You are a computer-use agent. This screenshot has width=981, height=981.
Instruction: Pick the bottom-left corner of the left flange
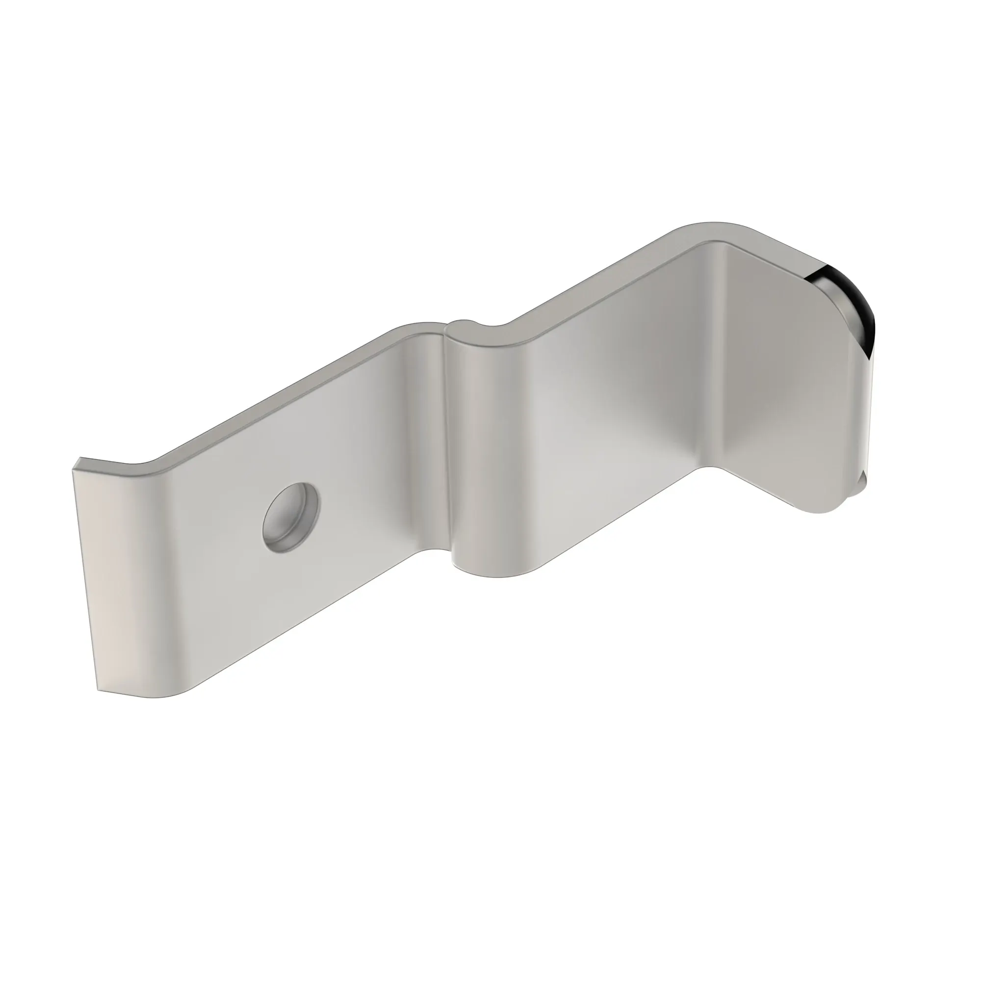[x=100, y=691]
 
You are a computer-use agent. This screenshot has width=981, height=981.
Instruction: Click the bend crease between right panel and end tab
[x=716, y=356]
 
